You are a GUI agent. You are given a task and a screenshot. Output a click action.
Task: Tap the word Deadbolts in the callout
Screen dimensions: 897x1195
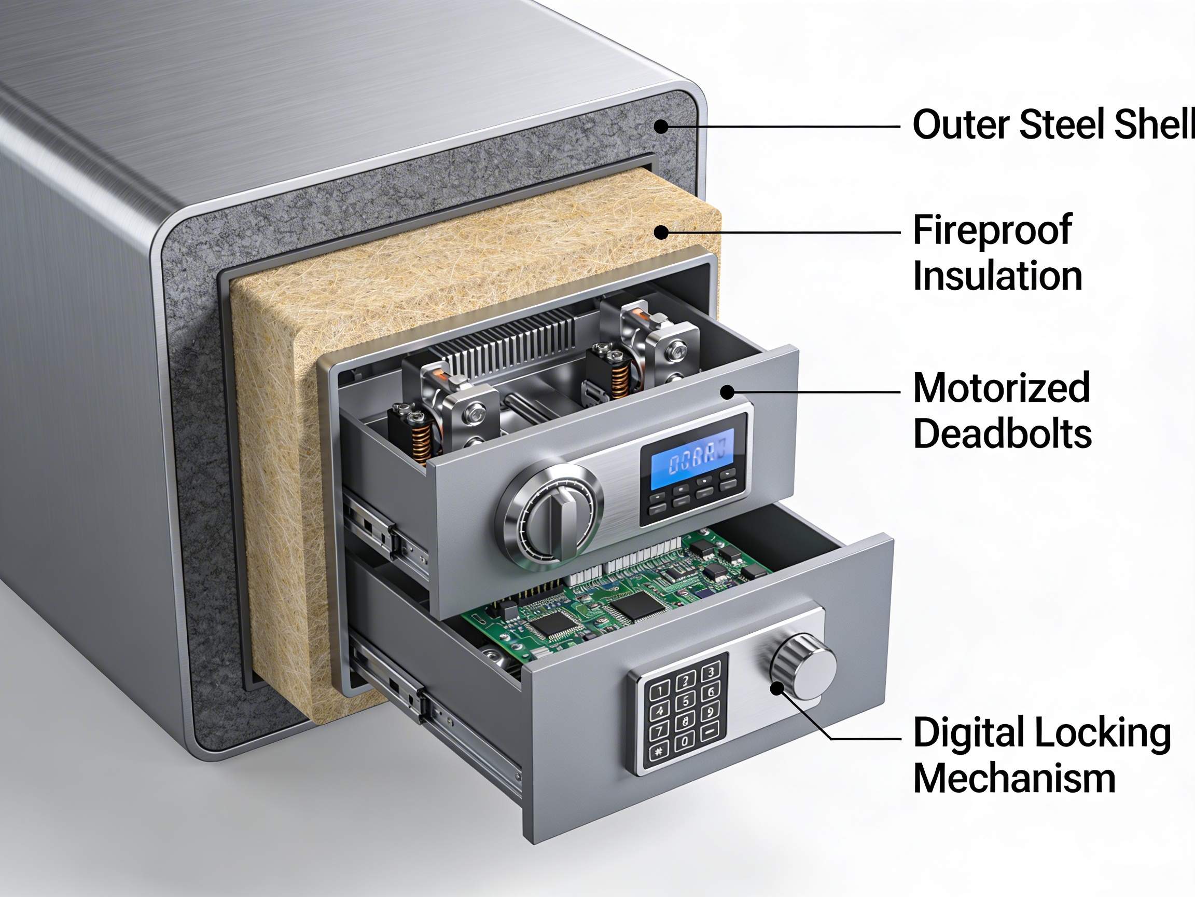[1002, 434]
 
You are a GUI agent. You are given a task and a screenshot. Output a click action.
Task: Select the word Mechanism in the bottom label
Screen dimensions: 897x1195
[1014, 779]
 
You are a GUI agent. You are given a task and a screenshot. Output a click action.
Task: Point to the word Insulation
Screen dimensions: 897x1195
[997, 276]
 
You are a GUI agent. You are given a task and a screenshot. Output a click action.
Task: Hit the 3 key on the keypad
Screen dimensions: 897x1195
[711, 672]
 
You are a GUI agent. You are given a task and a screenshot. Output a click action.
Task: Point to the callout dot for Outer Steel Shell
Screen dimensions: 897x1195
[661, 127]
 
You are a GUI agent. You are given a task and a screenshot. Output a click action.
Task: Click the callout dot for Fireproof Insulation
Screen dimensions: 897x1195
[661, 233]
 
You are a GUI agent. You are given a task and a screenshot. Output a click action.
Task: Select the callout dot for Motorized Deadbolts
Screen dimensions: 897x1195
[728, 392]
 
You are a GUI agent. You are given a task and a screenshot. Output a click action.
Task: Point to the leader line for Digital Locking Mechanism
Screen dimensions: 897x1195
[865, 738]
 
